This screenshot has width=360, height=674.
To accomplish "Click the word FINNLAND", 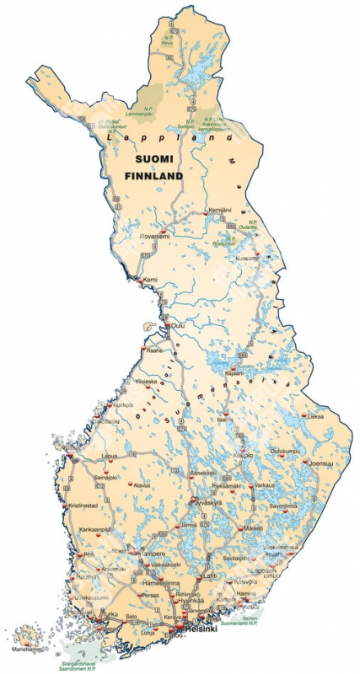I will (153, 177).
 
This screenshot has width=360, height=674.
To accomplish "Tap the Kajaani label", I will (232, 373).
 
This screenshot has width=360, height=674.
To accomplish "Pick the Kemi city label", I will (151, 279).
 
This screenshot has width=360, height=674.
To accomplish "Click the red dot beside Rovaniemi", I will (162, 230).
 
